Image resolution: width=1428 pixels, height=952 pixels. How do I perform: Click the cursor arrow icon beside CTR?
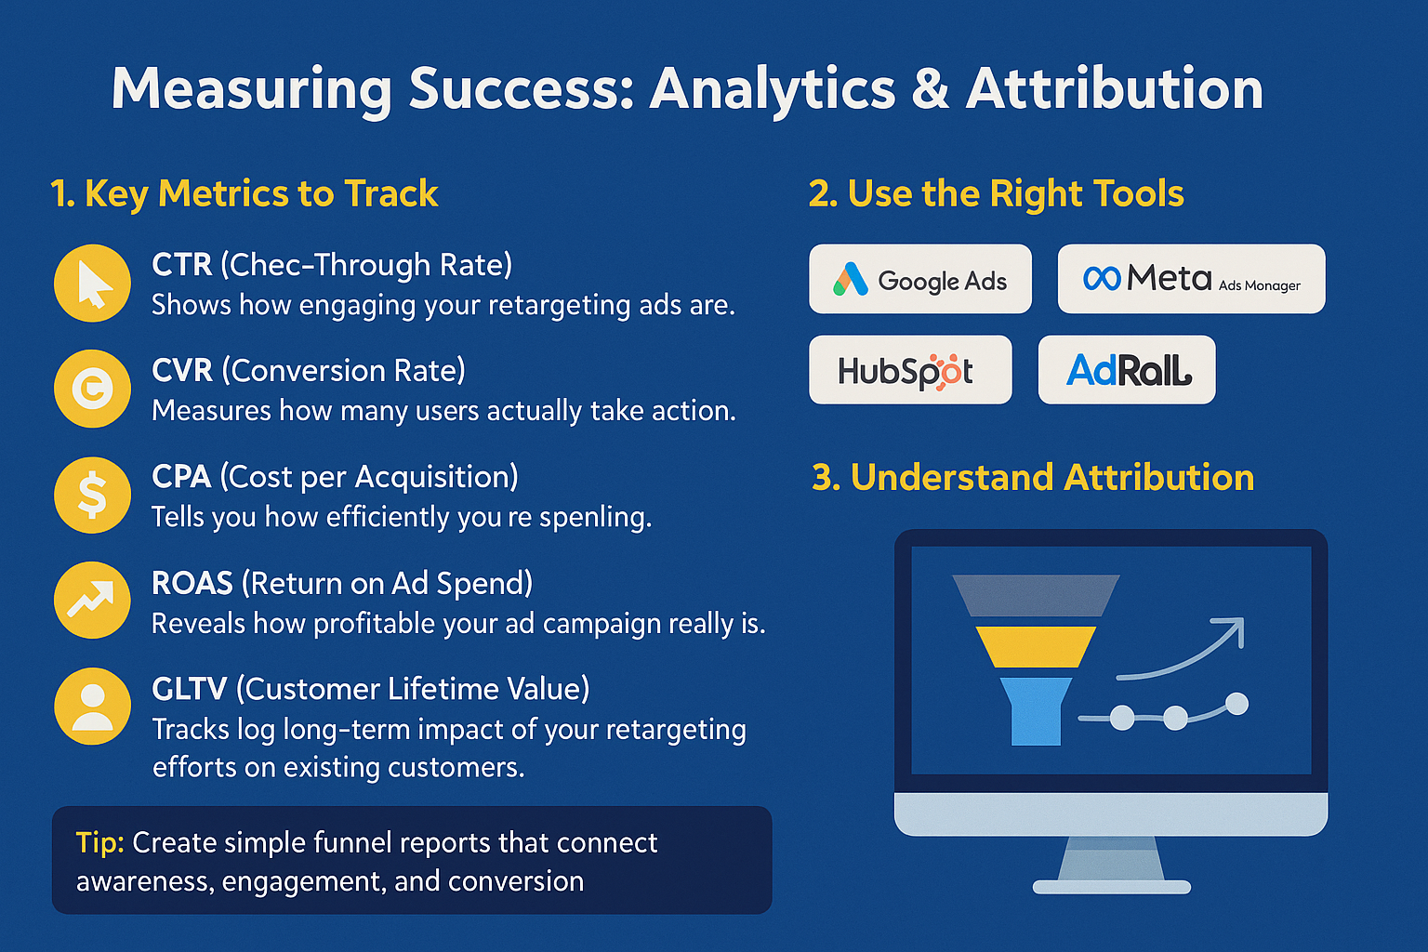point(92,284)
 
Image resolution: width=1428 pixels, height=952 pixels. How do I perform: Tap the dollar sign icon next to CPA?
point(92,495)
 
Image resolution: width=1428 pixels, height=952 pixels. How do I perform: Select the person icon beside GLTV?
point(92,706)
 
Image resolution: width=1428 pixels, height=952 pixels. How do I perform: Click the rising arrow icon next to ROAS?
point(92,601)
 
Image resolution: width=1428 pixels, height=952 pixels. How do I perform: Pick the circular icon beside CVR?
point(92,389)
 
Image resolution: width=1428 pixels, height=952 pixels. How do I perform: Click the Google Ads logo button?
point(919,279)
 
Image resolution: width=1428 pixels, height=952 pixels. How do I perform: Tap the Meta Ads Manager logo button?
point(1191,279)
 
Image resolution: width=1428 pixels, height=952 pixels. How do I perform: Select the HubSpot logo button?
point(909,370)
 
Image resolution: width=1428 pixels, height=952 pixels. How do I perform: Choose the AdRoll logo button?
point(1126,370)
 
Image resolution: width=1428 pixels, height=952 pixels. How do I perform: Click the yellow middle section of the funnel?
point(1036,646)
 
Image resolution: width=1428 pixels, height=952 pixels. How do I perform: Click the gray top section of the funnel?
point(1036,595)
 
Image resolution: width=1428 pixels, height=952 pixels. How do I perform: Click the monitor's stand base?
point(1111,886)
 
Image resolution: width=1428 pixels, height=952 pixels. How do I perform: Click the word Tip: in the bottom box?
point(99,842)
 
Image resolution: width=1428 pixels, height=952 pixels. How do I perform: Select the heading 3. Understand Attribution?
point(1033,478)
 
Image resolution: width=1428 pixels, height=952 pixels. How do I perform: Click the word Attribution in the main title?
point(1114,89)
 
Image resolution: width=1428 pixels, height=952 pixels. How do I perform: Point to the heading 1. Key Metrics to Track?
point(244,193)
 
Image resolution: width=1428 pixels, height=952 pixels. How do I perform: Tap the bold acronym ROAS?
point(192,583)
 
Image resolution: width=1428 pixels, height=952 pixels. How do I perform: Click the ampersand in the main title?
point(930,89)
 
